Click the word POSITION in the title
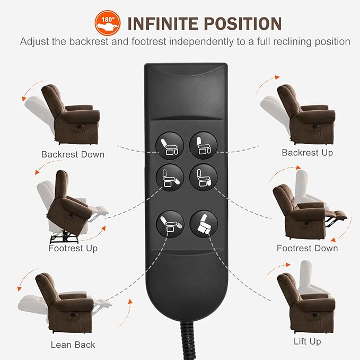pyautogui.click(x=244, y=24)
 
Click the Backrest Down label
pyautogui.click(x=73, y=155)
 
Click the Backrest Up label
pyautogui.click(x=307, y=153)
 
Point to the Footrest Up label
pyautogui.click(x=73, y=248)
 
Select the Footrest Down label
pyautogui.click(x=307, y=248)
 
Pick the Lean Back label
pyautogui.click(x=73, y=345)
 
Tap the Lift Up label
pyautogui.click(x=307, y=341)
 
